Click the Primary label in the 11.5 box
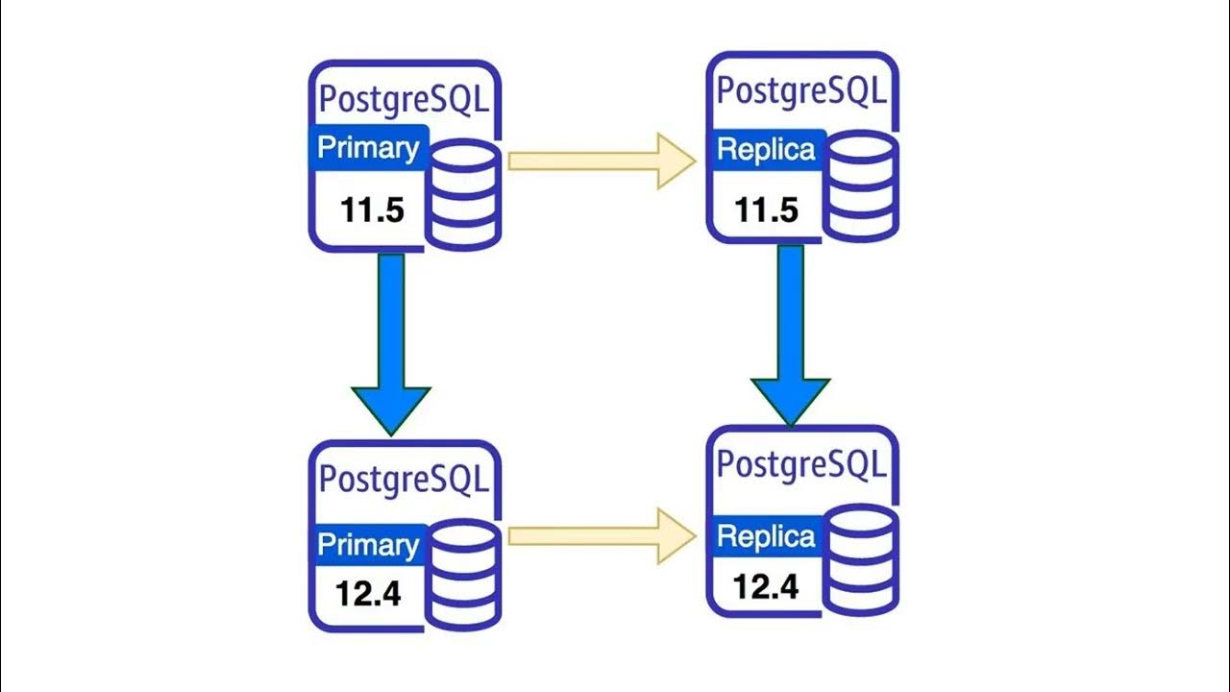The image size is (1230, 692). tap(368, 148)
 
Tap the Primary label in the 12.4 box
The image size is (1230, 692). tap(368, 545)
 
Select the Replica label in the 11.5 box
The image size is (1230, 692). tap(767, 150)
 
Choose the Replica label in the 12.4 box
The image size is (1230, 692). tap(767, 536)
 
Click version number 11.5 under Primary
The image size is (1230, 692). tap(373, 210)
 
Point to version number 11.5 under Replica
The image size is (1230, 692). tap(767, 209)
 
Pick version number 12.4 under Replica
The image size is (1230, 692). tap(766, 585)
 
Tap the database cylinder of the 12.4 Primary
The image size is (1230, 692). tap(463, 574)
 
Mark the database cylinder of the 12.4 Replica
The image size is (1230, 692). tap(862, 563)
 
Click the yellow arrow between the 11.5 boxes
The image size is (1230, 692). tap(601, 161)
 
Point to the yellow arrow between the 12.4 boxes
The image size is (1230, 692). tap(601, 535)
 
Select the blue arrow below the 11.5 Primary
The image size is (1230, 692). tap(391, 341)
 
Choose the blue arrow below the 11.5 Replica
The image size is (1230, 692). tap(790, 332)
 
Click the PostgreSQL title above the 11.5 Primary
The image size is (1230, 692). tap(403, 100)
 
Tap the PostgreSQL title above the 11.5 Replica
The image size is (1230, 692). tap(802, 91)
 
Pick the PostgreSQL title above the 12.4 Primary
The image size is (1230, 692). tap(403, 479)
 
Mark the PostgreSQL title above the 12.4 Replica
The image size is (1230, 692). tap(802, 465)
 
